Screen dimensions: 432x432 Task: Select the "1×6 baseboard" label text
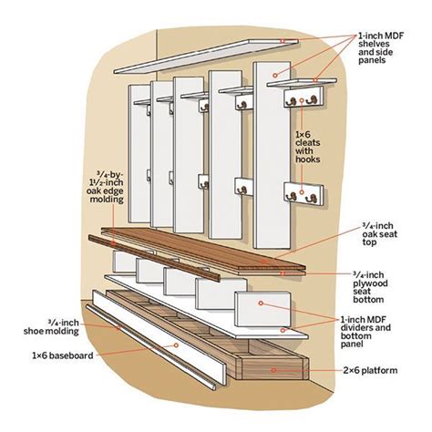(x=61, y=355)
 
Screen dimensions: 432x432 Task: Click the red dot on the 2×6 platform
(x=273, y=369)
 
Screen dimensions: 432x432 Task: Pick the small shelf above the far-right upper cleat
(x=296, y=85)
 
